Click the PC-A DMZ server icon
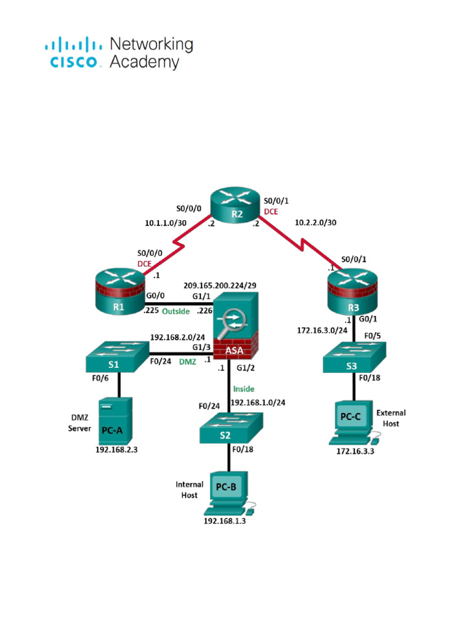click(115, 421)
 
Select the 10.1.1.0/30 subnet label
click(166, 223)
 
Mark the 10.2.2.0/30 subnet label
click(316, 223)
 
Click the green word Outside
click(176, 311)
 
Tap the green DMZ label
click(187, 362)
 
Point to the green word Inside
click(243, 389)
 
